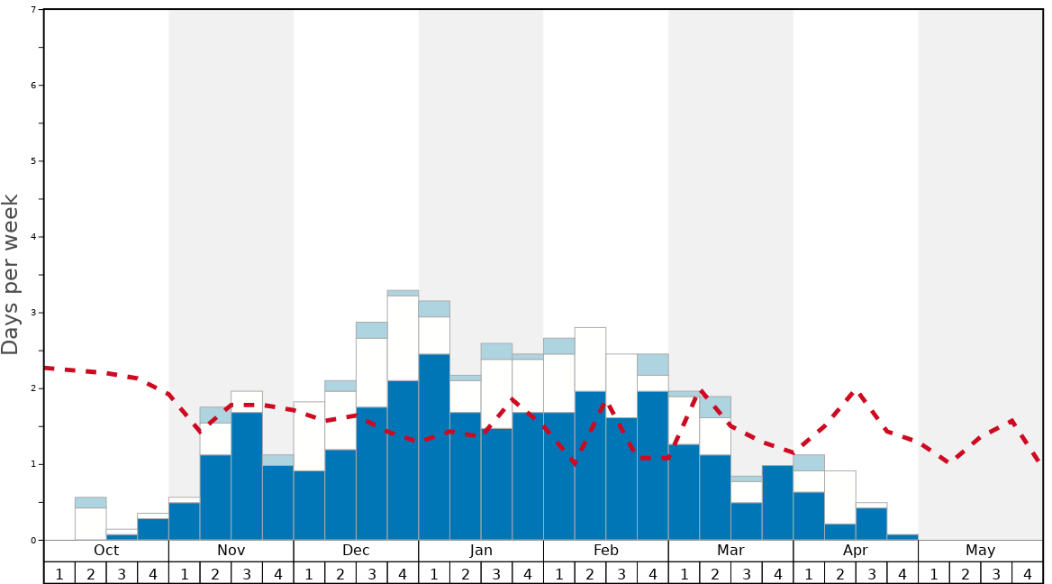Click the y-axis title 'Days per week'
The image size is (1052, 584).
(11, 275)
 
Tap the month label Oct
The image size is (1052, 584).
(106, 551)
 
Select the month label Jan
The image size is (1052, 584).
(481, 551)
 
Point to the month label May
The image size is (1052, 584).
(981, 551)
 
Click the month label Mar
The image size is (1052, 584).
(730, 551)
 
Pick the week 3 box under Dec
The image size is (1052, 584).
(372, 573)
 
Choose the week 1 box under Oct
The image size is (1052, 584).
(59, 573)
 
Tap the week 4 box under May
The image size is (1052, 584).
(1028, 573)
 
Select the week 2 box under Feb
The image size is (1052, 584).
(590, 573)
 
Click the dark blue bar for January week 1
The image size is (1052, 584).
(434, 447)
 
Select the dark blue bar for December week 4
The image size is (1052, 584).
(403, 461)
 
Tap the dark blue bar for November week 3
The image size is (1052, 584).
(247, 476)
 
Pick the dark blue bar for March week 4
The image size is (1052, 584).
(777, 502)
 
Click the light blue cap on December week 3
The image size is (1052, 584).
(372, 330)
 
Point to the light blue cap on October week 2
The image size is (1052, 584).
(91, 502)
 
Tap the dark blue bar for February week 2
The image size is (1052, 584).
(590, 465)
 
